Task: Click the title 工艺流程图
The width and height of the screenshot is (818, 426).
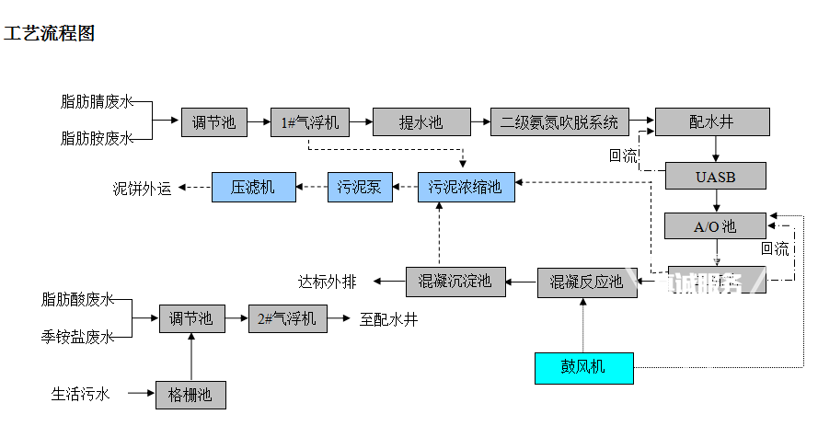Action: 50,34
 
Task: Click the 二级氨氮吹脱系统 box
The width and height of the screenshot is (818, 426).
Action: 559,122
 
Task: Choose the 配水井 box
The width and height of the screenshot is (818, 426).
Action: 711,122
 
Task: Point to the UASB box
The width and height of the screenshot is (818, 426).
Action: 714,175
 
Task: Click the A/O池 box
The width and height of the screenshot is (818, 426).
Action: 714,226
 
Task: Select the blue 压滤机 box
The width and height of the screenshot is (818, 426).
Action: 253,187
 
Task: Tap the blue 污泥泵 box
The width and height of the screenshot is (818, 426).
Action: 360,187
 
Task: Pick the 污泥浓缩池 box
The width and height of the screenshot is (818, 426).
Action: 466,187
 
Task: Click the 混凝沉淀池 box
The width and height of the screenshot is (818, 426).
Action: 455,281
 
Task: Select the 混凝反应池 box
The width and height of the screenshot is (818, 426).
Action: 587,282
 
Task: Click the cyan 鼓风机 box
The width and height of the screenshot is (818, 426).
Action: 584,368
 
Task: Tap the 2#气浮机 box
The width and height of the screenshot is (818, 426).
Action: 287,319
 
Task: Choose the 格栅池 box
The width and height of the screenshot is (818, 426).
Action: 190,395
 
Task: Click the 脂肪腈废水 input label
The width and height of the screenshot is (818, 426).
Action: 97,102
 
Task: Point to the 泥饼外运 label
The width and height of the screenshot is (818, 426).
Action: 143,189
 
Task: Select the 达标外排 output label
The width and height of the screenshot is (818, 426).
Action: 328,281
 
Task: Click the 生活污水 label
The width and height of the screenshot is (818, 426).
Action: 81,395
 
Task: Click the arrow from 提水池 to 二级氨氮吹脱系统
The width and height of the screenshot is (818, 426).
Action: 479,121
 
